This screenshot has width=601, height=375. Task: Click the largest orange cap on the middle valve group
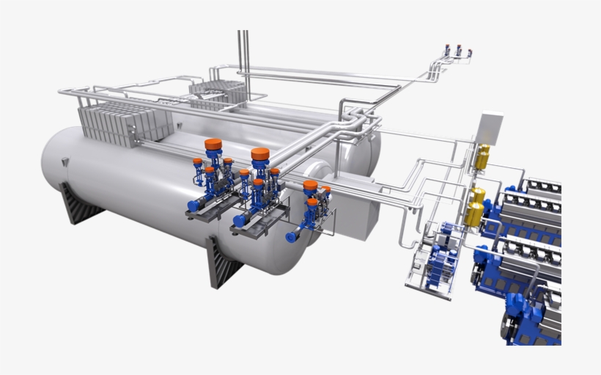coord(259,155)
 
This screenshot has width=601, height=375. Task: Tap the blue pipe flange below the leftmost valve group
coord(193,206)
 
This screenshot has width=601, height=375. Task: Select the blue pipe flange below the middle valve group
coord(239,219)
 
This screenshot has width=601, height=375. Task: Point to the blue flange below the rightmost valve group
coord(292,236)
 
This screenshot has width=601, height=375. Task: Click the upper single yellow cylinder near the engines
coord(483,156)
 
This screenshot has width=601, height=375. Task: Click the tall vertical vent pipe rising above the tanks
coord(243,62)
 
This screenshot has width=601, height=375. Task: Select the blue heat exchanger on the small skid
coord(444,258)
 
